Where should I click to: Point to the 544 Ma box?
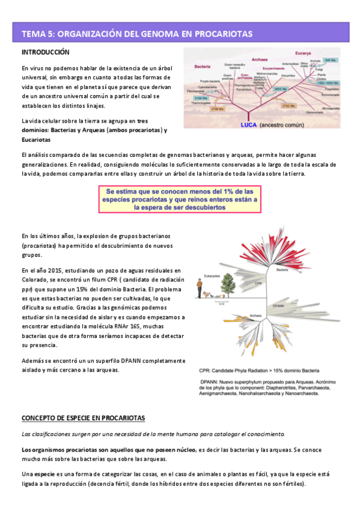[x=330, y=61]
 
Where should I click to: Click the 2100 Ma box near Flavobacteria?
[x=200, y=97]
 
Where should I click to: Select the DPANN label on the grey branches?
[x=278, y=305]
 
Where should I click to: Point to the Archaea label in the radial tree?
[x=254, y=315]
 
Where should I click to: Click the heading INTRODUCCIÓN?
[x=46, y=53]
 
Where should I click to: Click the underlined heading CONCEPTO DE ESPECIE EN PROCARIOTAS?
[x=83, y=417]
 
